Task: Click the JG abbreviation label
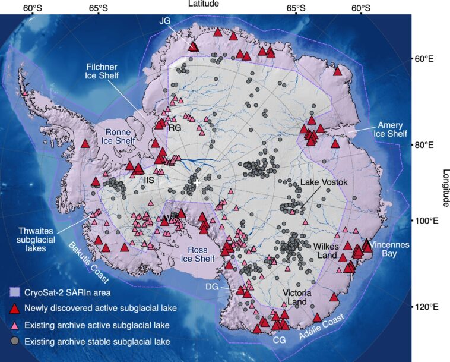coord(165,21)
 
